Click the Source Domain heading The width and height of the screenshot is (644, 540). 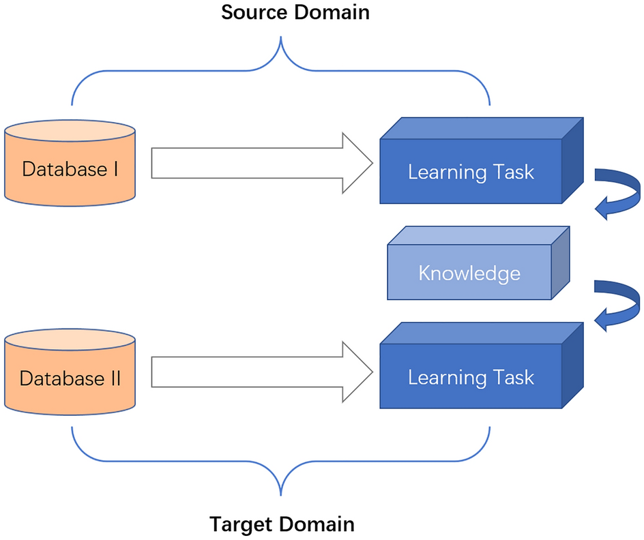pyautogui.click(x=295, y=12)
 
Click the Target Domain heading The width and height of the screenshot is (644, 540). pyautogui.click(x=281, y=524)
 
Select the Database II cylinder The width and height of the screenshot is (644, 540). pyautogui.click(x=70, y=377)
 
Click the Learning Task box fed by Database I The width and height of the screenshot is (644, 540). pyautogui.click(x=471, y=171)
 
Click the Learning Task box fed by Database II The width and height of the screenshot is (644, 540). pyautogui.click(x=471, y=377)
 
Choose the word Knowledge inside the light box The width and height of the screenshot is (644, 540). pyautogui.click(x=469, y=273)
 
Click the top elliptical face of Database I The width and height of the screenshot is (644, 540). pyautogui.click(x=70, y=131)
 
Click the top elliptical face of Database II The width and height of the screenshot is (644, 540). pyautogui.click(x=70, y=340)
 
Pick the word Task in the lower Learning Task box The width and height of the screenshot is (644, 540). pyautogui.click(x=512, y=377)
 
